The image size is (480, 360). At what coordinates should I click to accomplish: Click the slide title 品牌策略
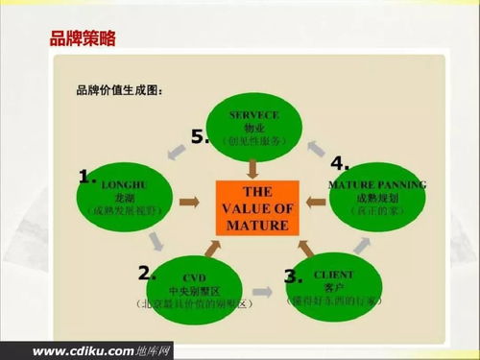click(83, 39)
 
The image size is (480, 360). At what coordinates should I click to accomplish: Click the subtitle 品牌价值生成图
click(120, 91)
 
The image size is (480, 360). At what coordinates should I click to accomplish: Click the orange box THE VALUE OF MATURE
click(252, 208)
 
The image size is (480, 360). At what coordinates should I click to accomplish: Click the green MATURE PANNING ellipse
click(375, 196)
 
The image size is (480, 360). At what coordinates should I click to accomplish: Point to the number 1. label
click(89, 176)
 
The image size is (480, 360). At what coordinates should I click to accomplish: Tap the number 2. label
click(147, 273)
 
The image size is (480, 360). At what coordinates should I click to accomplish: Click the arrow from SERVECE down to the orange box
click(252, 169)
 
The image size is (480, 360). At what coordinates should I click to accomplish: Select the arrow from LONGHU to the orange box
click(189, 202)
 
